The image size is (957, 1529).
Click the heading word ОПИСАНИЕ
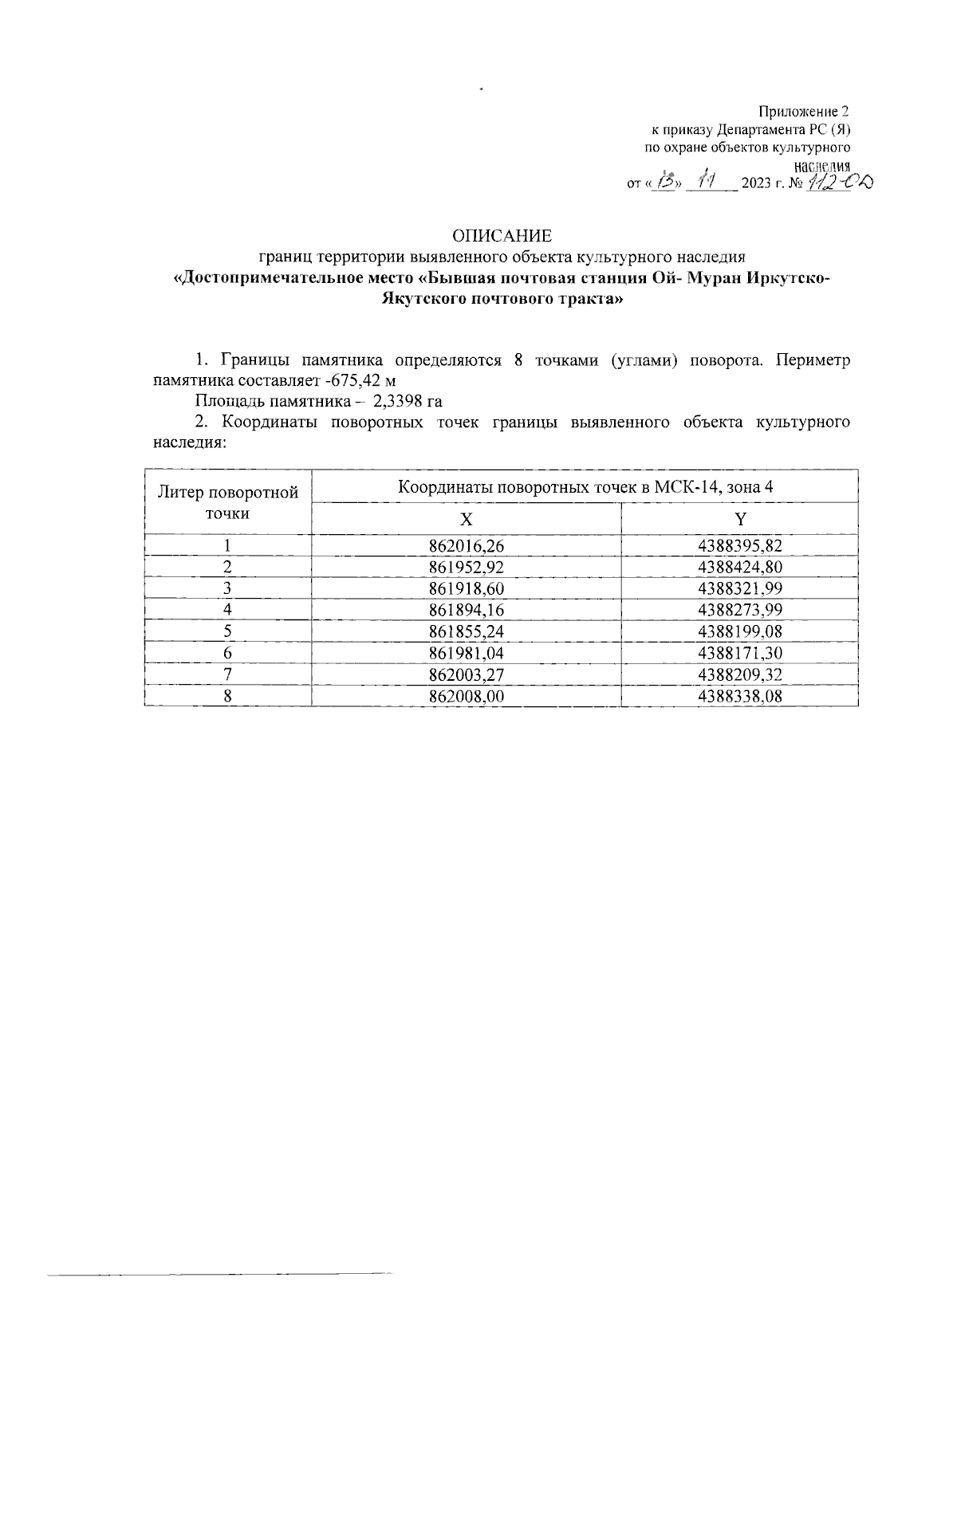click(x=502, y=236)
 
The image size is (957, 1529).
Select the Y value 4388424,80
click(x=739, y=567)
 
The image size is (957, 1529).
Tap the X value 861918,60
click(x=467, y=588)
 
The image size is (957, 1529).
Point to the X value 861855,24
click(x=467, y=631)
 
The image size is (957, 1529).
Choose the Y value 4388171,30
click(x=739, y=653)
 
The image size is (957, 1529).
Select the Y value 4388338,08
click(x=739, y=696)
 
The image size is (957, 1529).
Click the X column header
click(x=467, y=519)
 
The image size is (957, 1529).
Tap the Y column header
click(x=740, y=519)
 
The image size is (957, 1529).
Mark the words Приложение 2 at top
click(x=805, y=111)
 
